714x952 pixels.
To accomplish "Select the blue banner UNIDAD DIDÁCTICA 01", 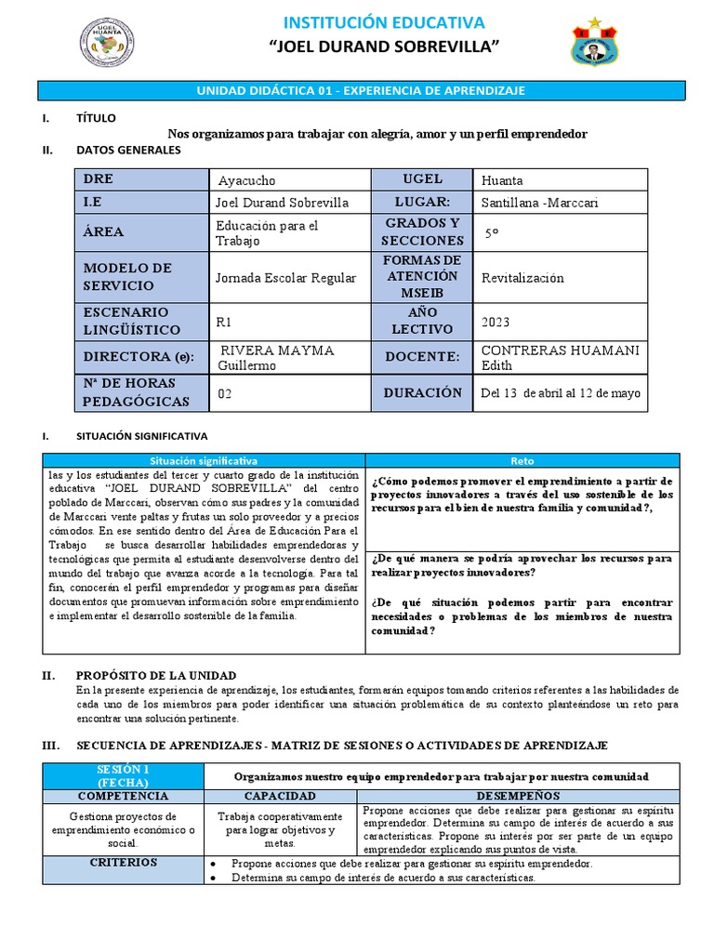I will tap(359, 90).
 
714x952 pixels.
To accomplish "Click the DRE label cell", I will tap(142, 179).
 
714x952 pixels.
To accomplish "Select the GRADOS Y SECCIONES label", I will tap(422, 231).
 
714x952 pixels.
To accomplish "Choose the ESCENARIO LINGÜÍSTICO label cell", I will tap(142, 321).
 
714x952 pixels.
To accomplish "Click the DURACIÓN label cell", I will tap(422, 392).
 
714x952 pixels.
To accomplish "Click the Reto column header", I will tap(522, 460).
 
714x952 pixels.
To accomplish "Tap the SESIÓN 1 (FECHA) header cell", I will tap(122, 775).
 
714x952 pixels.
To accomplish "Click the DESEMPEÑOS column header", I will tap(519, 796).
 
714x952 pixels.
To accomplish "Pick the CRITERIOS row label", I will tap(122, 862).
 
